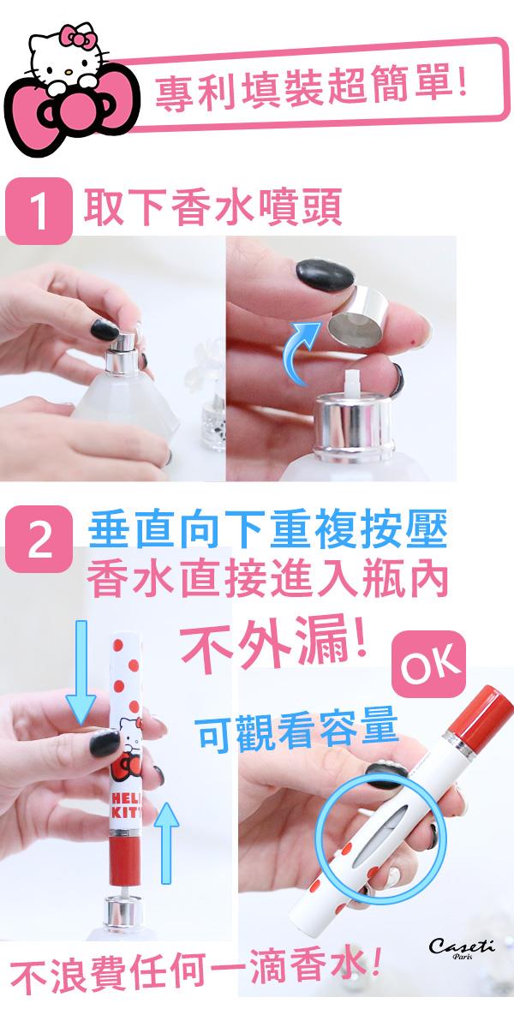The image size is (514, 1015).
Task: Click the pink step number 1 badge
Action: [x=39, y=211]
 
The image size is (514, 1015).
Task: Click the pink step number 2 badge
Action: [x=39, y=539]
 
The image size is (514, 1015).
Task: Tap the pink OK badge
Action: [x=427, y=665]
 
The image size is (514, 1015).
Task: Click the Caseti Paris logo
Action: [x=461, y=949]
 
